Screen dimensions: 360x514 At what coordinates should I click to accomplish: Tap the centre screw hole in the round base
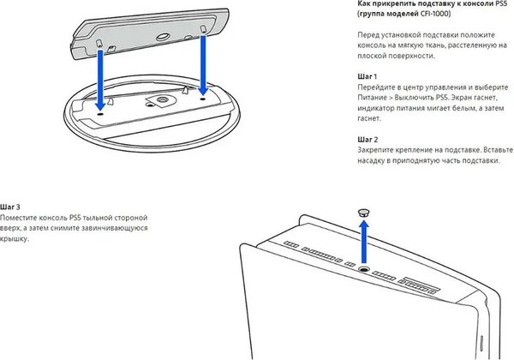[159, 100]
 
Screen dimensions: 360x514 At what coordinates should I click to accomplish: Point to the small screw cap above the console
[363, 210]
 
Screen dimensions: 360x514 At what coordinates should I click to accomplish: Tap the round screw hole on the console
[363, 269]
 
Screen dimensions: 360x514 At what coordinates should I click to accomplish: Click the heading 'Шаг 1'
[368, 76]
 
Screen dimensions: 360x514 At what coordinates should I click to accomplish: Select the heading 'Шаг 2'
[368, 138]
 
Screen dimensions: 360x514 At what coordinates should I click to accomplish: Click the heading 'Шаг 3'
[11, 208]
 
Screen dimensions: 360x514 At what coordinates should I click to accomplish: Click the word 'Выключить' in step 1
[424, 99]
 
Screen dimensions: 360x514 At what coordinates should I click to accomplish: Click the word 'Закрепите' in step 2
[378, 149]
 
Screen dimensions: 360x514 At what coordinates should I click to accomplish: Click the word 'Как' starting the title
[363, 4]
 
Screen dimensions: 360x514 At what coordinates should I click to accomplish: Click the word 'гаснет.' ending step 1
[370, 119]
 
